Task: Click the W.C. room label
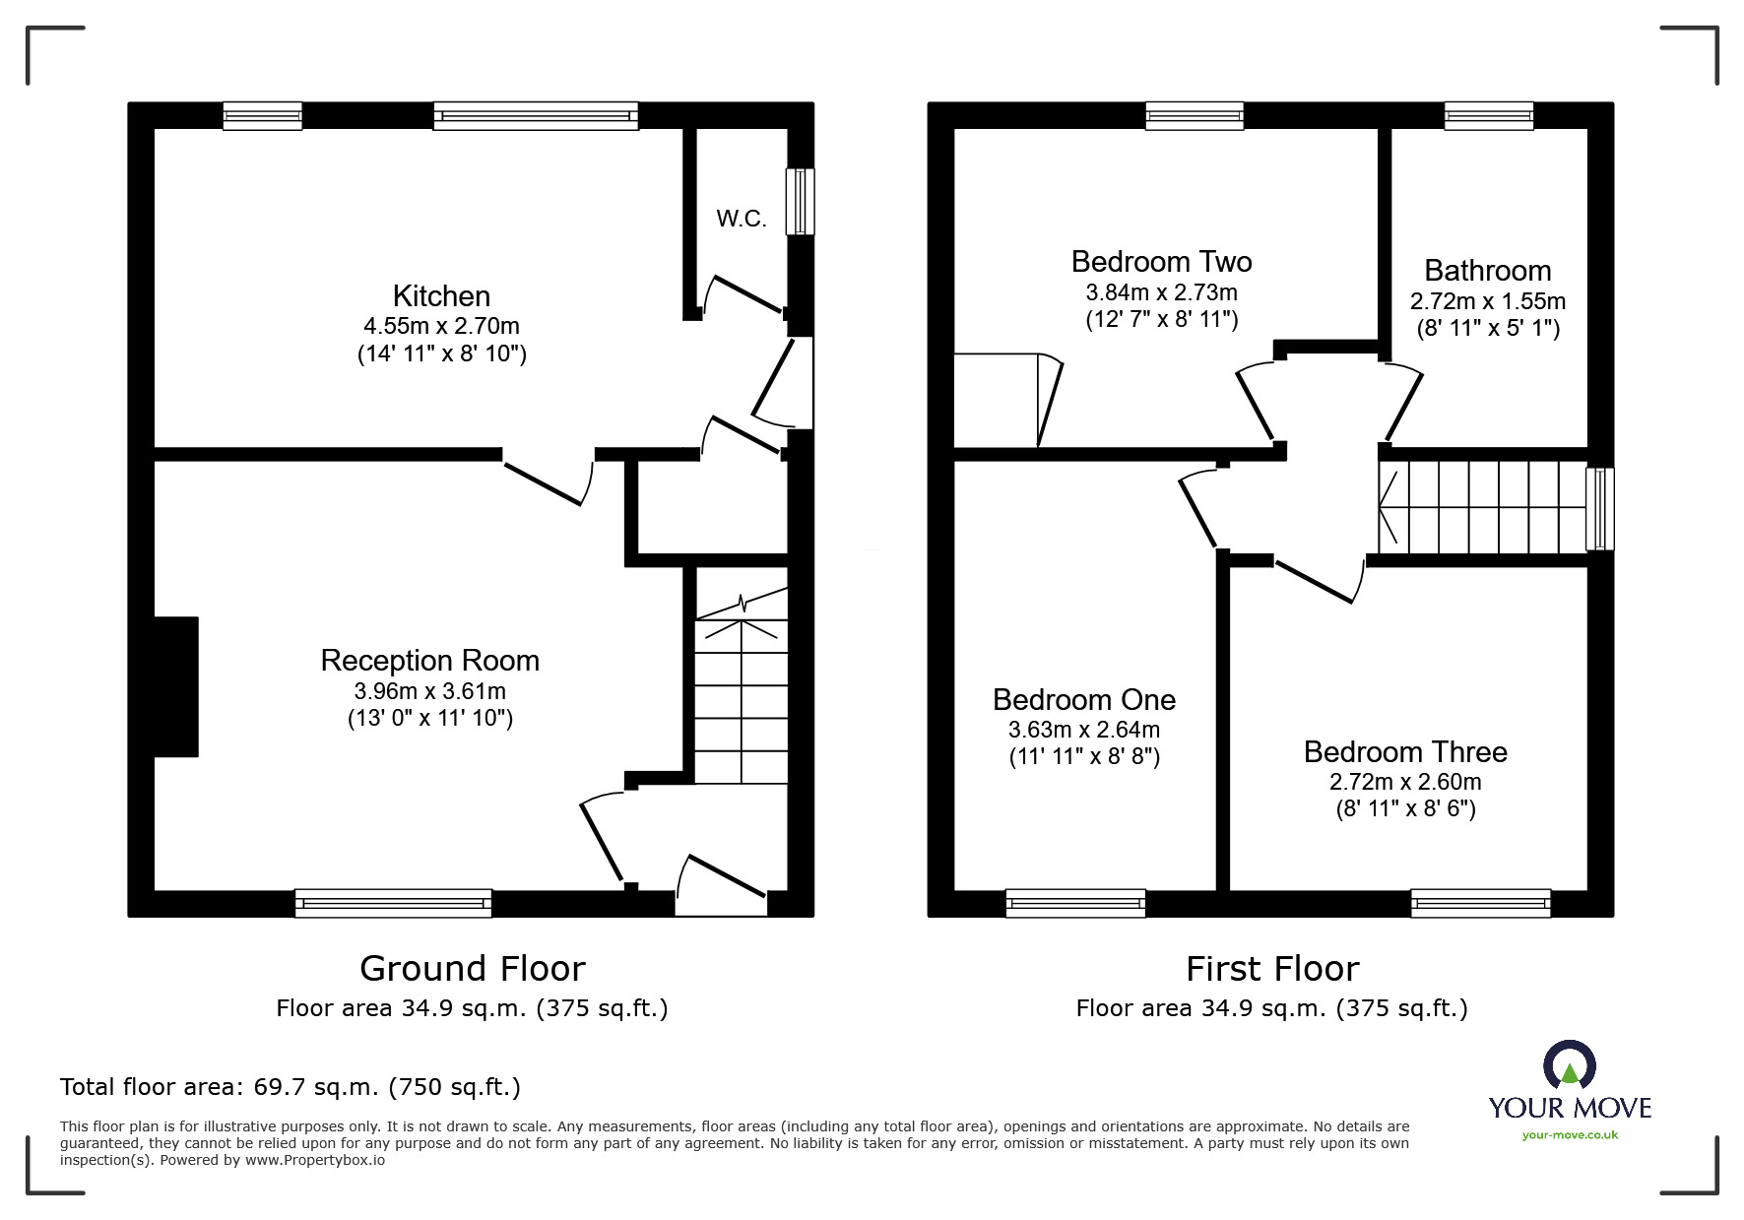(741, 219)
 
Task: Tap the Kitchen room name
(441, 296)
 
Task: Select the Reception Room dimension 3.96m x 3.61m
(429, 691)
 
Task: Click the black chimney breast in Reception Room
(176, 686)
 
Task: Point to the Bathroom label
(1487, 271)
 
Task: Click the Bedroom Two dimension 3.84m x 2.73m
(1161, 292)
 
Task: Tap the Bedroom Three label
(1405, 752)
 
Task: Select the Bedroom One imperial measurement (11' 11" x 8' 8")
(1084, 757)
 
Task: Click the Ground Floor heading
(472, 969)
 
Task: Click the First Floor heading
(1271, 969)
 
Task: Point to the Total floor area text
(291, 1087)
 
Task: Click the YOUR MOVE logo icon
(1569, 1066)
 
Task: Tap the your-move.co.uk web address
(1569, 1135)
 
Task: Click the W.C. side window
(800, 201)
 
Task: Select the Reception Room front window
(393, 903)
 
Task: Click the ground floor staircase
(742, 689)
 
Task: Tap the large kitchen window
(536, 116)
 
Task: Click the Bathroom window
(1488, 116)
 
